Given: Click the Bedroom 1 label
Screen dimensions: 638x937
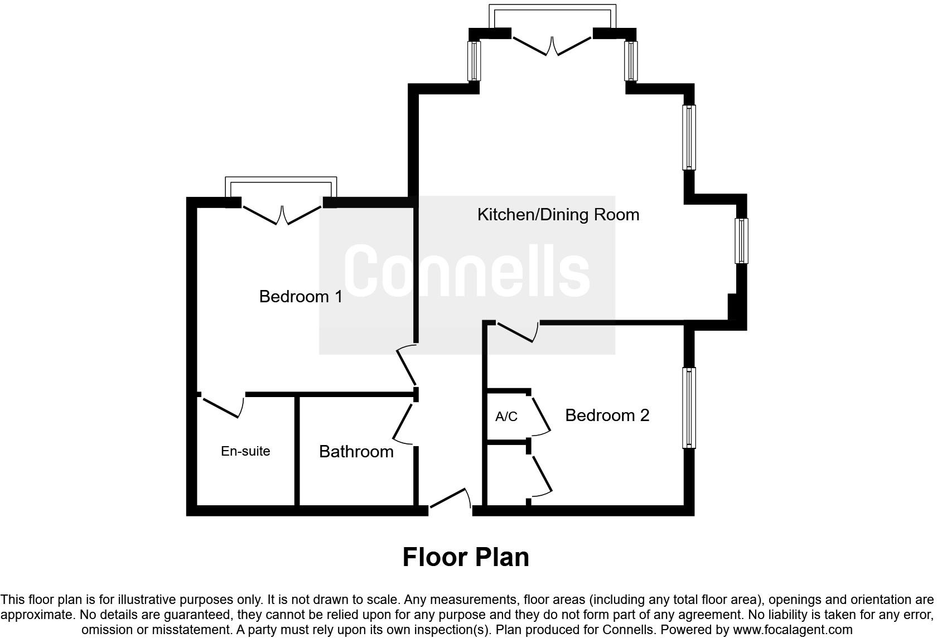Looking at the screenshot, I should click(301, 296).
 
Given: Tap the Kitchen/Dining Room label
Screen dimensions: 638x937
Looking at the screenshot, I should click(558, 215).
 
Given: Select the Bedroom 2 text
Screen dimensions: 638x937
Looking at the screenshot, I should click(607, 415).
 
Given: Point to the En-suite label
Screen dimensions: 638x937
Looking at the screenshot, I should click(245, 451).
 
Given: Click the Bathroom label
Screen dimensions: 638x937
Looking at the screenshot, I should click(356, 451).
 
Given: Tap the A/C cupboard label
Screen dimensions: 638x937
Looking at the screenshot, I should click(506, 417).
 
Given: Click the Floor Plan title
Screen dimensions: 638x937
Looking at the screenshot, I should click(466, 557).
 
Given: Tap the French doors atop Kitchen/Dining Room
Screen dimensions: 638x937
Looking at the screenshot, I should click(552, 46).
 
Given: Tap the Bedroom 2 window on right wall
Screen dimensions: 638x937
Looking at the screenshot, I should click(689, 408).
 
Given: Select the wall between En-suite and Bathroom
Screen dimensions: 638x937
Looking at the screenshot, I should click(297, 451).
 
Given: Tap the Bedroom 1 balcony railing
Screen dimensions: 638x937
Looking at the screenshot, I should click(281, 179).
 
